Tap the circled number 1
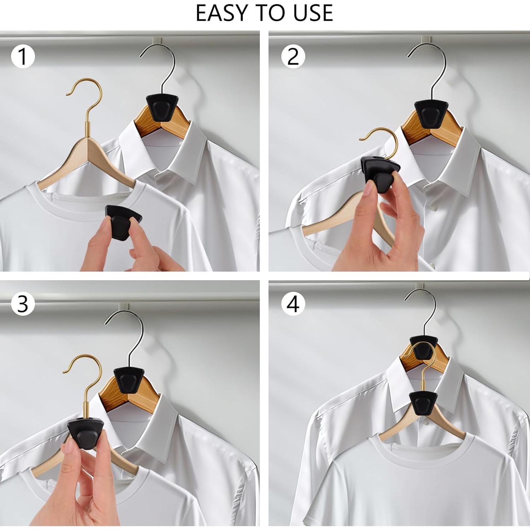click(x=23, y=56)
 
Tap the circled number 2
click(x=293, y=56)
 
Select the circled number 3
click(x=23, y=304)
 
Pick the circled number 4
click(x=293, y=304)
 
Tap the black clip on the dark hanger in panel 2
click(x=431, y=113)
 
